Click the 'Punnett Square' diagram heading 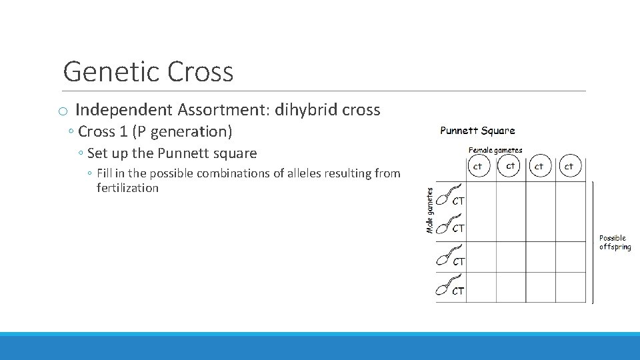pos(477,131)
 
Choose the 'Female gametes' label pos(495,150)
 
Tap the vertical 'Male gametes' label pos(430,210)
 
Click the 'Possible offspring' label pos(614,243)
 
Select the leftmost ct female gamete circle pos(478,166)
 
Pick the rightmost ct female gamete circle pos(569,166)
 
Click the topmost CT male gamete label pos(459,200)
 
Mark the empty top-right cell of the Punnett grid pos(570,196)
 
